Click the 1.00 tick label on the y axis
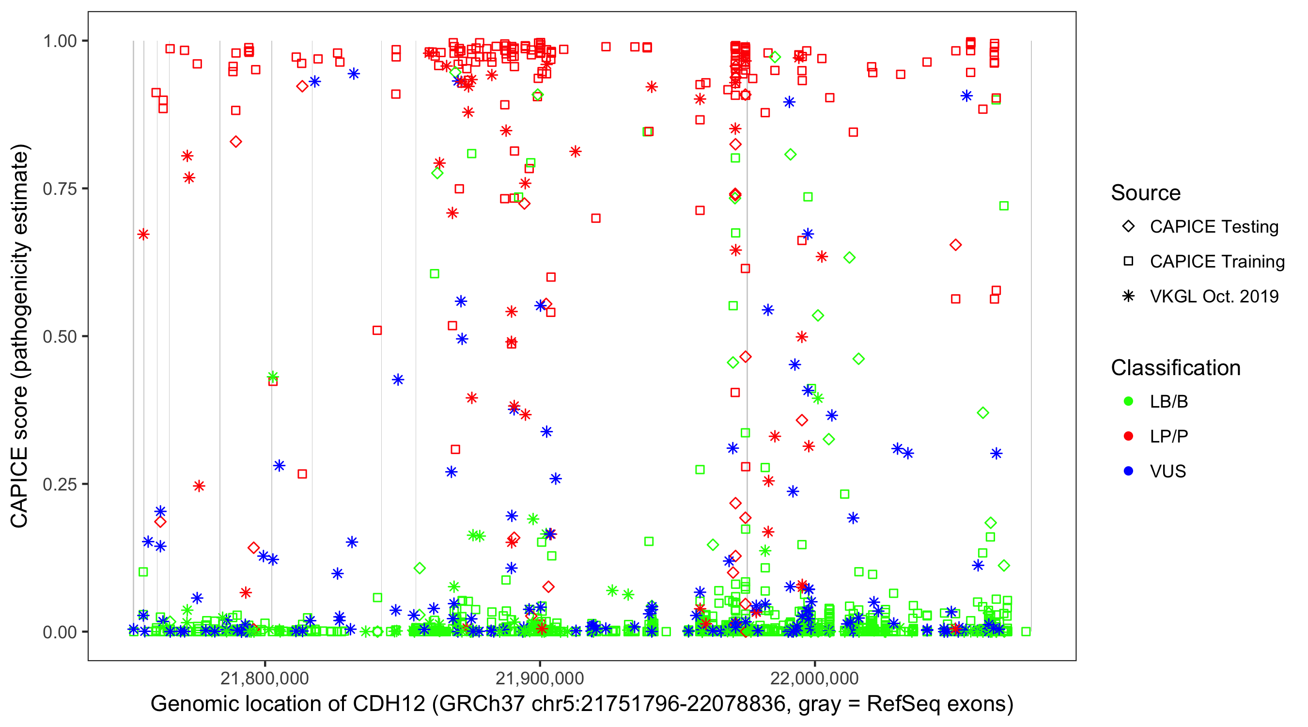click(x=60, y=41)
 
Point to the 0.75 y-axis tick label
click(x=60, y=189)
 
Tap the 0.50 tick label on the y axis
click(x=60, y=337)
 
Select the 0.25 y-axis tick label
click(x=60, y=484)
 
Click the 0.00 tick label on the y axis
click(x=60, y=632)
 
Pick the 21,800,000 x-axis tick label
click(x=265, y=678)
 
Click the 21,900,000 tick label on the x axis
click(x=540, y=678)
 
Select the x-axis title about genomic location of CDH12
click(x=582, y=704)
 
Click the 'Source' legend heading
click(x=1146, y=193)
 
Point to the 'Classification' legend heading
click(x=1175, y=368)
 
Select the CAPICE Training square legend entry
click(x=1128, y=262)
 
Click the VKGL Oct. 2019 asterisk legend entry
click(x=1128, y=296)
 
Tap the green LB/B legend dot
click(x=1128, y=401)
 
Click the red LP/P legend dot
click(x=1128, y=436)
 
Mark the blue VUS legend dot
click(x=1128, y=472)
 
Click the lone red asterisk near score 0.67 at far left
click(x=143, y=234)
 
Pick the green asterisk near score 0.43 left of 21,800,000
click(x=273, y=377)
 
